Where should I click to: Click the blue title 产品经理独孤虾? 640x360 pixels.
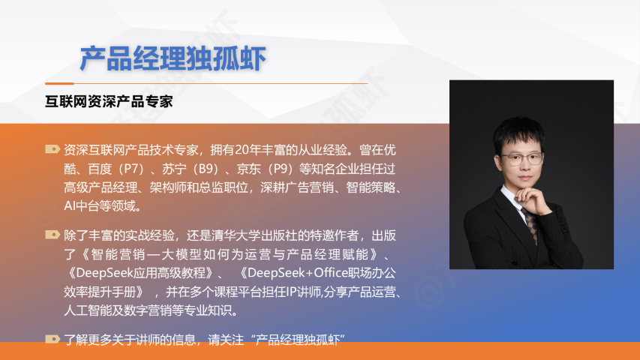(173, 58)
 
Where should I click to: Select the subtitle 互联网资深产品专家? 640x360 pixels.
(109, 102)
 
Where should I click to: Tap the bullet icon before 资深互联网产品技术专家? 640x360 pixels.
(53, 149)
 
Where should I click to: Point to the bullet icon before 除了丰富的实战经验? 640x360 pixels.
(53, 235)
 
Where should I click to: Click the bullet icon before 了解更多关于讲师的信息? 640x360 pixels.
(53, 339)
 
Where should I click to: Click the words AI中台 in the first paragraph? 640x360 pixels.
(82, 205)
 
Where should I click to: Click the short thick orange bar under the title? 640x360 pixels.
(59, 83)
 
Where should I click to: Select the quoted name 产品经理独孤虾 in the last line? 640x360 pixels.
(298, 340)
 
